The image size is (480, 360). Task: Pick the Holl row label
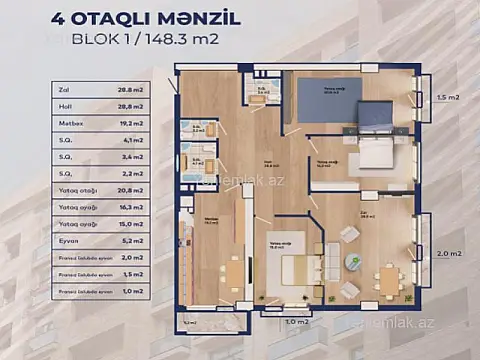coord(67,108)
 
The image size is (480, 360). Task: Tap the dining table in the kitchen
coord(233,272)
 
